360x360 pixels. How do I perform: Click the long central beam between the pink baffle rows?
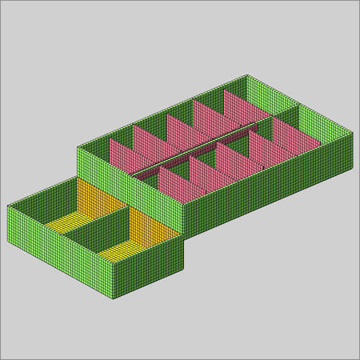pos(204,147)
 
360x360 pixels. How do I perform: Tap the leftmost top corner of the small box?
pos(7,206)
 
